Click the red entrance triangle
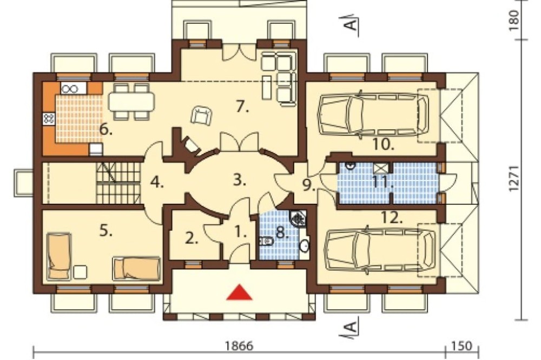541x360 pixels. (239, 292)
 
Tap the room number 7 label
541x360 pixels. (242, 107)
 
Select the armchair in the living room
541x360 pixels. (201, 115)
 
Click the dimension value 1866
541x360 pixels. (239, 345)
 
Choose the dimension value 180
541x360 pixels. (513, 21)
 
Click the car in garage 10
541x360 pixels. (374, 114)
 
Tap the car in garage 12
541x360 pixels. (380, 249)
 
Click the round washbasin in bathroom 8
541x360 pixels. (304, 246)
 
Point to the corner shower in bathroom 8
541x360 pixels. (298, 218)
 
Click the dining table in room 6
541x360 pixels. (131, 102)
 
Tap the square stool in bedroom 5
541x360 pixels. (80, 271)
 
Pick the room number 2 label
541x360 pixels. (192, 238)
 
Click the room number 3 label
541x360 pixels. (240, 179)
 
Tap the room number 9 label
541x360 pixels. (309, 185)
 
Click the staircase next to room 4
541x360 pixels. (118, 183)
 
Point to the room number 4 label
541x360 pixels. (157, 182)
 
